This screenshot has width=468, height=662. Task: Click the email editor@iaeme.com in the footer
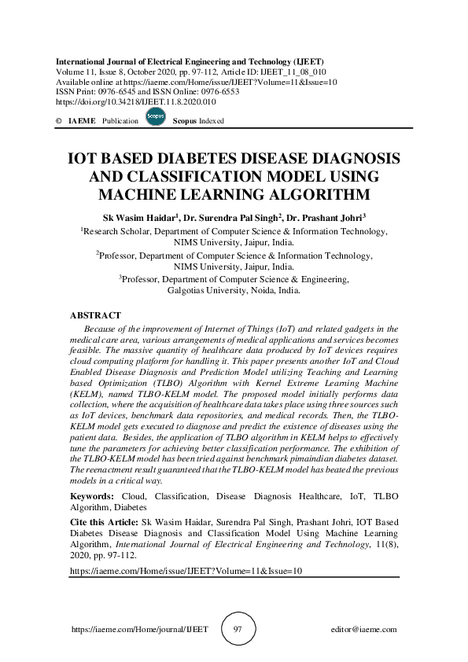(x=364, y=630)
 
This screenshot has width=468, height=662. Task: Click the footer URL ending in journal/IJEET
(x=139, y=630)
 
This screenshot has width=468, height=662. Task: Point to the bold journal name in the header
(x=189, y=61)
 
